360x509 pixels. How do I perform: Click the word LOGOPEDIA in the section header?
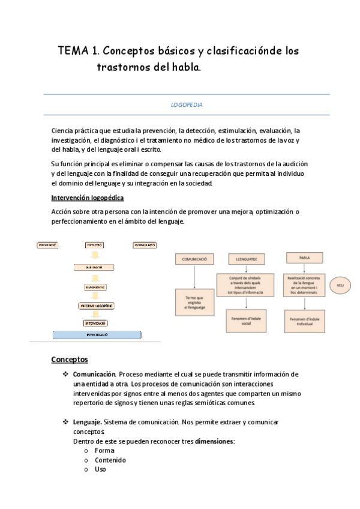(187, 104)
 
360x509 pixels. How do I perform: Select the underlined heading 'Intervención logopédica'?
(88, 197)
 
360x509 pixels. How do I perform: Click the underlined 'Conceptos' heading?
(70, 359)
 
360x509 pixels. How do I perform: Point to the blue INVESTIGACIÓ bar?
(97, 335)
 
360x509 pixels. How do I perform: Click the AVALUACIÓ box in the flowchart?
(94, 267)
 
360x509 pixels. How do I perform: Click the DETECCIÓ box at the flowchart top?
(94, 245)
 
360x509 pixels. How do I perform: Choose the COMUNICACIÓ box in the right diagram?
(194, 259)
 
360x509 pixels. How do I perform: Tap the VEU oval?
(340, 285)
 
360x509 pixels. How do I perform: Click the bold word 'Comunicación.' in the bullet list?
(94, 375)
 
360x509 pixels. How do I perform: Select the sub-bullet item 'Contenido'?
(110, 460)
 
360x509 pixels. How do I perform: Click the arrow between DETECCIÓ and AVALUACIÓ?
(94, 256)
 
